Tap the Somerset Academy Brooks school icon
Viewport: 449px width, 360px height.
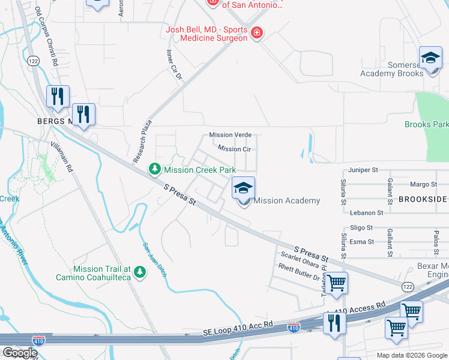(x=430, y=59)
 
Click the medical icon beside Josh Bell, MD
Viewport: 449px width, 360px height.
(x=256, y=32)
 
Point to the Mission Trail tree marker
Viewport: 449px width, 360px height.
(x=140, y=272)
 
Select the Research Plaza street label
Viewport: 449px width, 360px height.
(x=143, y=142)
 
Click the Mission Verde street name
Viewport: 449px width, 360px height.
(x=230, y=135)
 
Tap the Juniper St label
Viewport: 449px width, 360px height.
(x=362, y=170)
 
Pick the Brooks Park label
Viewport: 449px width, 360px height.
(x=426, y=125)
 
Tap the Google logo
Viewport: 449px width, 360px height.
(x=20, y=353)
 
